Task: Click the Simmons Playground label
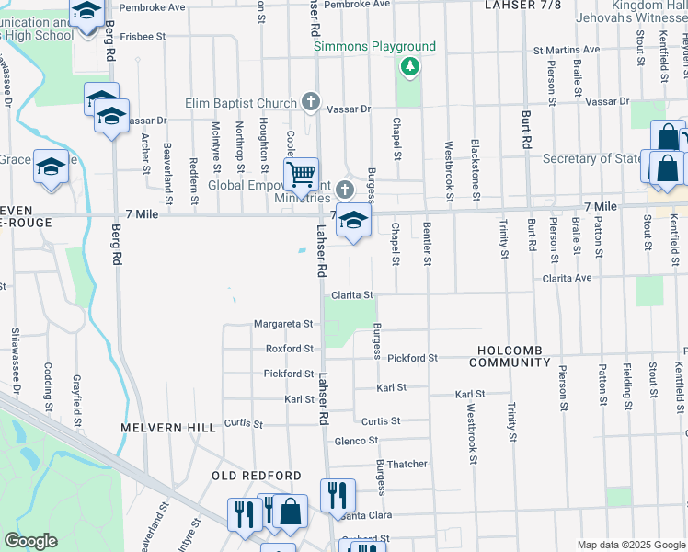(x=374, y=46)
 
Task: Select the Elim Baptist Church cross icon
(x=311, y=102)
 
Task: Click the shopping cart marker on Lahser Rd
(x=301, y=173)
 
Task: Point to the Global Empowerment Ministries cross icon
(x=345, y=190)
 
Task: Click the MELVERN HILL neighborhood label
(x=167, y=428)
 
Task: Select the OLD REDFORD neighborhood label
(x=257, y=475)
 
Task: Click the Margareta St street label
(x=284, y=324)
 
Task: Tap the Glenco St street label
(x=350, y=441)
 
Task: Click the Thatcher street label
(x=407, y=464)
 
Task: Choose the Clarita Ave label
(x=567, y=277)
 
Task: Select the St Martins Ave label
(x=568, y=50)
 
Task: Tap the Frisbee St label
(x=142, y=37)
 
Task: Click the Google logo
(x=30, y=541)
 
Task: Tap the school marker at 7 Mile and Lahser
(x=352, y=221)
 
